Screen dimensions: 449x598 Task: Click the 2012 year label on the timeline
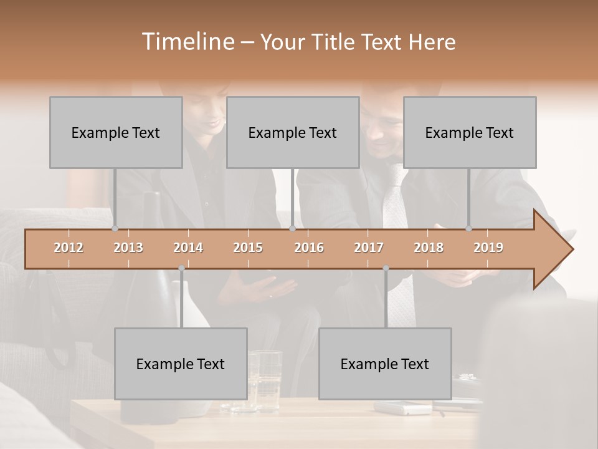click(69, 248)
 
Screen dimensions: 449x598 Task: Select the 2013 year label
click(128, 248)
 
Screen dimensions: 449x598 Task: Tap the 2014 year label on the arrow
click(188, 248)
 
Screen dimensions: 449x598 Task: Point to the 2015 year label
click(248, 248)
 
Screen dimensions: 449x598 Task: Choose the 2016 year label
click(309, 248)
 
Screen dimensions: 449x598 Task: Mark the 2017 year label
click(369, 248)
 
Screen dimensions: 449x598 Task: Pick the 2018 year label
click(429, 248)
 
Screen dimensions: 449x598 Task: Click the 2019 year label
click(488, 248)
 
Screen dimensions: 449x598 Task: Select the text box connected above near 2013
click(116, 132)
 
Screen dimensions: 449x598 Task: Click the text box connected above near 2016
click(293, 132)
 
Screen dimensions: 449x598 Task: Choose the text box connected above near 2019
click(470, 132)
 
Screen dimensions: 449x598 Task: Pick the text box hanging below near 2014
click(181, 364)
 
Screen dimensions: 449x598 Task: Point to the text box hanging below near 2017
click(385, 364)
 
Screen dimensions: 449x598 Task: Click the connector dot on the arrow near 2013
click(115, 229)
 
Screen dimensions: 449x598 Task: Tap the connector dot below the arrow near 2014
click(181, 268)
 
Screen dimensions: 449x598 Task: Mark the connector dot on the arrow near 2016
click(292, 229)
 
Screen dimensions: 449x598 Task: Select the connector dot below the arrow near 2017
click(386, 268)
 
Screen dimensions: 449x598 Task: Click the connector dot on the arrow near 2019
click(468, 229)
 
